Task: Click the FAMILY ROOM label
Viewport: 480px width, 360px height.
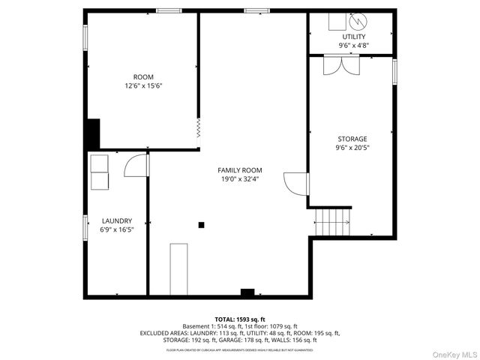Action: pos(239,170)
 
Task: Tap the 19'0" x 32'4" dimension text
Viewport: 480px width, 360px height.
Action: pos(239,179)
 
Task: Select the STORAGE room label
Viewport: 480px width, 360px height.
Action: pos(352,139)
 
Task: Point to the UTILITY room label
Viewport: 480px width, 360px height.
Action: pos(354,36)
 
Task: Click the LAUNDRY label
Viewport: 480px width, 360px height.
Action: pos(117,220)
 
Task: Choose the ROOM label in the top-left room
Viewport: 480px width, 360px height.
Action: pos(143,77)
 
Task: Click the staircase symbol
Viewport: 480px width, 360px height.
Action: pos(332,220)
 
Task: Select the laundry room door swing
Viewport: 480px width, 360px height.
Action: pos(136,164)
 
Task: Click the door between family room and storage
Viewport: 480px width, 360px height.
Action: pos(296,183)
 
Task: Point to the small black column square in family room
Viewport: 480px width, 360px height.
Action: pos(201,224)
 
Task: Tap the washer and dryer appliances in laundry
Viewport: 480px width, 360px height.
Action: pos(99,172)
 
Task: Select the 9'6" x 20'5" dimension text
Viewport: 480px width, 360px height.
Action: pos(352,148)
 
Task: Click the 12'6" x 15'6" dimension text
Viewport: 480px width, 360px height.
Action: pos(143,86)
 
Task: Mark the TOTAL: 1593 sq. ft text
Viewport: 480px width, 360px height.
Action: pos(239,319)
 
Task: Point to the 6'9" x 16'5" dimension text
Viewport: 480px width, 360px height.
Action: pos(117,229)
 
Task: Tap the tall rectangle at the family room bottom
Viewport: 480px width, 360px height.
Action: pos(178,268)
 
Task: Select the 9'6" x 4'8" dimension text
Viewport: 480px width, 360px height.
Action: pos(354,45)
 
